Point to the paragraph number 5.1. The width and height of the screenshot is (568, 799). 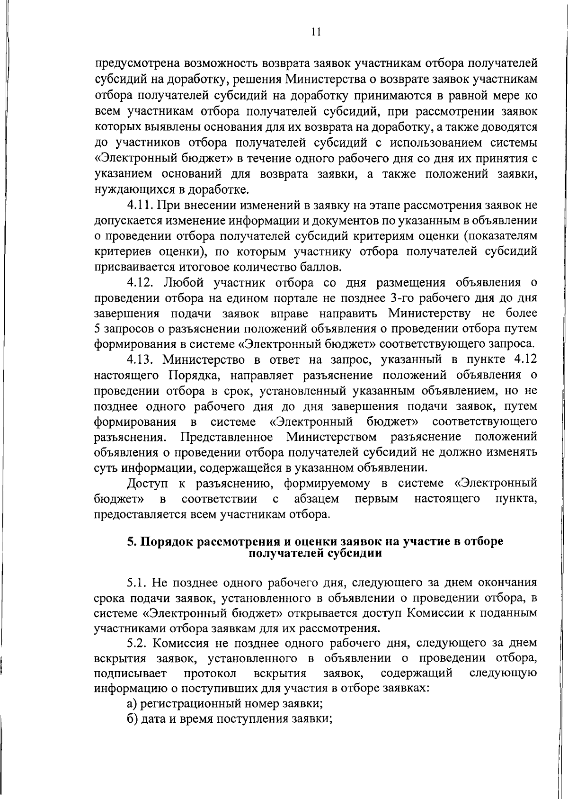(x=139, y=583)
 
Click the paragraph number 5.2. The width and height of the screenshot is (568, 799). (x=139, y=643)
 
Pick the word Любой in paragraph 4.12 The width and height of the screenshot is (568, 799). (x=178, y=283)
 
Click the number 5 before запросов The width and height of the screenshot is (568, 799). (x=97, y=329)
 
